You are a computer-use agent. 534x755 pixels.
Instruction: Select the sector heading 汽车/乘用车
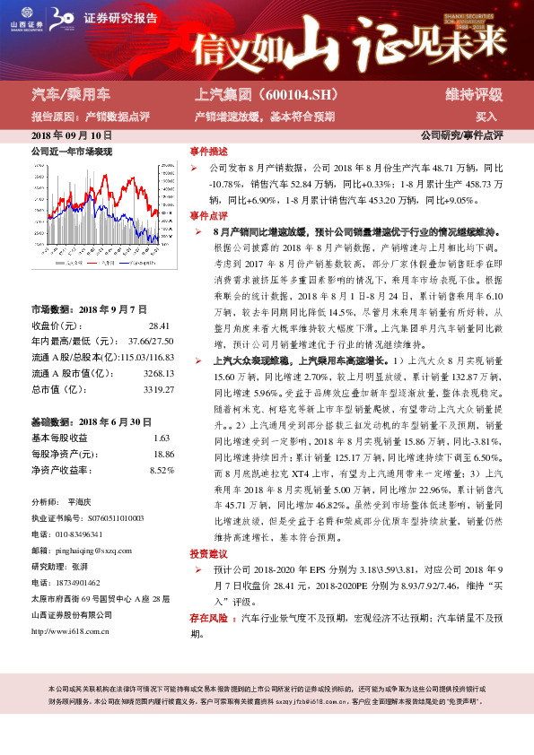click(70, 94)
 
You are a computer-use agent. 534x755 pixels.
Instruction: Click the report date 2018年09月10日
click(71, 135)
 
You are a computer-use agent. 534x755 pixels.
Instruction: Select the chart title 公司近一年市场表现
click(72, 152)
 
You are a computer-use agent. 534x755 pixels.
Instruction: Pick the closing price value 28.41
click(159, 325)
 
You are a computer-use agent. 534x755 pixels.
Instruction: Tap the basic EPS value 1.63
click(162, 438)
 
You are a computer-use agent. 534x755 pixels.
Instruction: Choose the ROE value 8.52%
click(162, 469)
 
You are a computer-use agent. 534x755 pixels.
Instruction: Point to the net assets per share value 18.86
click(162, 454)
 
